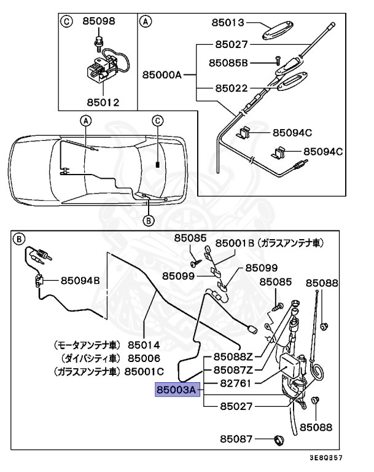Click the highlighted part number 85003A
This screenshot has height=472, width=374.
pos(176,390)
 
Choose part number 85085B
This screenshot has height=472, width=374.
pos(228,62)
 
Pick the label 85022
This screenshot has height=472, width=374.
pos(230,88)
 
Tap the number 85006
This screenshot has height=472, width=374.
pos(144,358)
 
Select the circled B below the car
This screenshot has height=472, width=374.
pos(147,221)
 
